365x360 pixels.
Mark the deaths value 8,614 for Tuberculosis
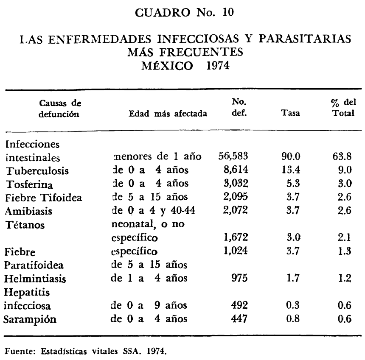[235, 170]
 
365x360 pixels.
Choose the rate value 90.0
[291, 156]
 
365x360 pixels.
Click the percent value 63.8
[342, 156]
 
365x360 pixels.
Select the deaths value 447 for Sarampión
[239, 319]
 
